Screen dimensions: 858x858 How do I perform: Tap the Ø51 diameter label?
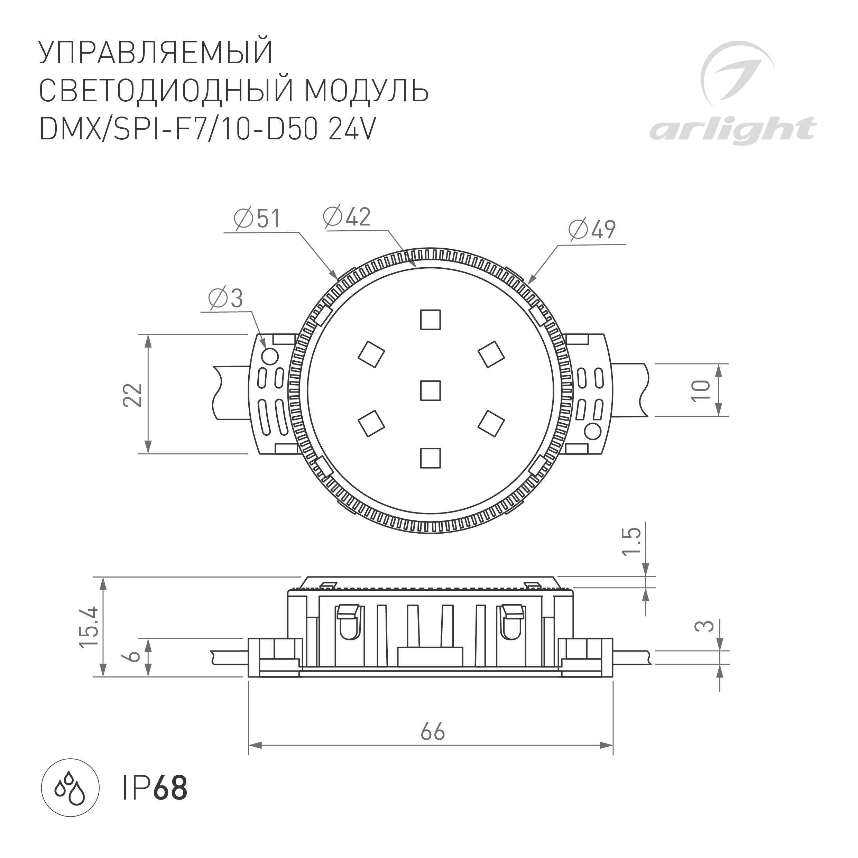[x=258, y=219]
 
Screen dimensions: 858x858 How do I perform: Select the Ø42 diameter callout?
[x=347, y=217]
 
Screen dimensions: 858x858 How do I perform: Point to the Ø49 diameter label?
[x=592, y=230]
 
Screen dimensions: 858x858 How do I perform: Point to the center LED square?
[x=430, y=390]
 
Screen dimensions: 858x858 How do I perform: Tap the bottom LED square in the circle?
[x=430, y=458]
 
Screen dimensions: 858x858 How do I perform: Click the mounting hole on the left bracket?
[x=270, y=356]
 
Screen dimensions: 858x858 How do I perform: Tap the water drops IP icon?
[x=70, y=787]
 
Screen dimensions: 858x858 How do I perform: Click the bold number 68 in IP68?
[x=170, y=788]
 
